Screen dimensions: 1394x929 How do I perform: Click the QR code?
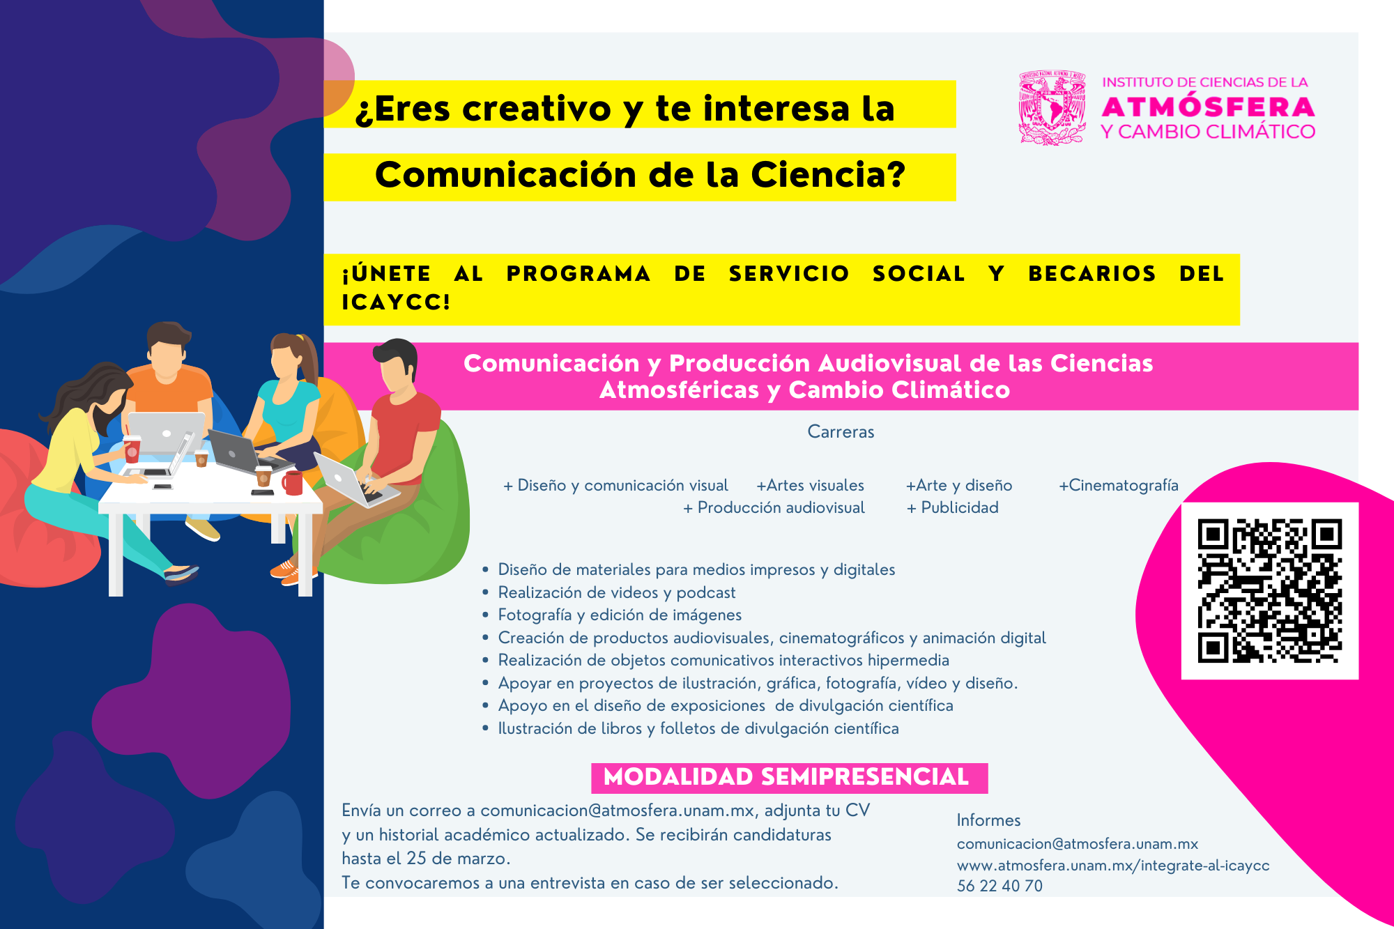click(x=1269, y=590)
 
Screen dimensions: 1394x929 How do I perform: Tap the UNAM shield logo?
click(x=1052, y=107)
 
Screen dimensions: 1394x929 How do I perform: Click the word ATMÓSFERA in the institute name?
click(x=1208, y=107)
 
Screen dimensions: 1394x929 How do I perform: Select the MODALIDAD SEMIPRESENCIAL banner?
click(x=789, y=778)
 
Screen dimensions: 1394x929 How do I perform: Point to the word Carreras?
click(x=841, y=432)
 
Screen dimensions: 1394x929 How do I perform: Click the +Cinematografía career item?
click(x=1119, y=485)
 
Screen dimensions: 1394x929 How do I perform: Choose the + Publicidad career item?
click(x=952, y=507)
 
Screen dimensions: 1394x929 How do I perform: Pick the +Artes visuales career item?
click(x=810, y=485)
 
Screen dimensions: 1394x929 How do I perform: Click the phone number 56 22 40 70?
click(x=999, y=886)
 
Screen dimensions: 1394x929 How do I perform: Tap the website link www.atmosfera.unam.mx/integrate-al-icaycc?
click(x=1113, y=866)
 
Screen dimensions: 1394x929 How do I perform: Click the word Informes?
click(x=988, y=820)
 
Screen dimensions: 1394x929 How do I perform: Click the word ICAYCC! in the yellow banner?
click(x=396, y=302)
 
